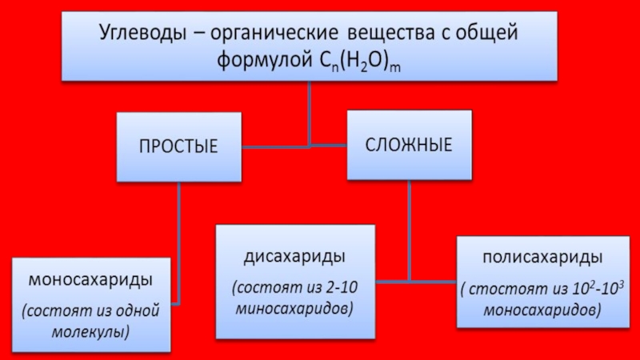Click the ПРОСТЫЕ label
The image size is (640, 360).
pyautogui.click(x=178, y=147)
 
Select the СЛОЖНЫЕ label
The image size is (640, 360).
pyautogui.click(x=409, y=146)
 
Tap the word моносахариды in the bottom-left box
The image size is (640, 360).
pyautogui.click(x=90, y=281)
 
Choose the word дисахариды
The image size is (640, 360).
pyautogui.click(x=294, y=258)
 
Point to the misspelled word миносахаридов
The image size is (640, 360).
pyautogui.click(x=296, y=306)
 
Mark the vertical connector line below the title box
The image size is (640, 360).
pyautogui.click(x=310, y=112)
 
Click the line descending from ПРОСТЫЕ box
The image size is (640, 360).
pyautogui.click(x=178, y=240)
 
